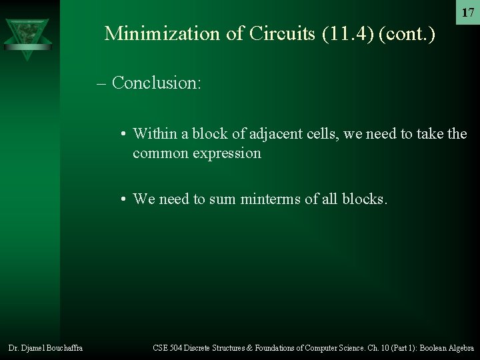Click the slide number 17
pos(468,13)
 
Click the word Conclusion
pos(157,83)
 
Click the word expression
pos(227,153)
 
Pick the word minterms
pos(275,199)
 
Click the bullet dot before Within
pos(125,134)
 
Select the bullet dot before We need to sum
pos(125,199)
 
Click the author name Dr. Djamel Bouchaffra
pos(45,347)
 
